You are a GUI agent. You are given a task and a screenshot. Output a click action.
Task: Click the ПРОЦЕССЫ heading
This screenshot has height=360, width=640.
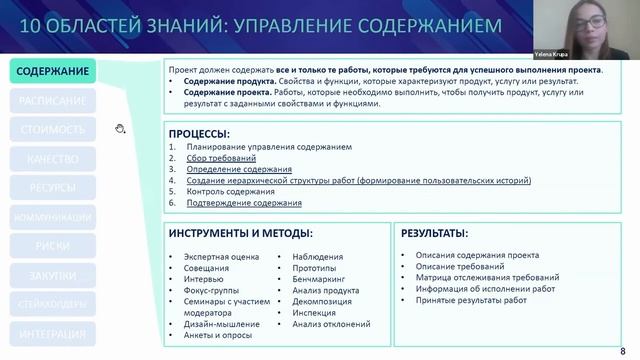point(200,133)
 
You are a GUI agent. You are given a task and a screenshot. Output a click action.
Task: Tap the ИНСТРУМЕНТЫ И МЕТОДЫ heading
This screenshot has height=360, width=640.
point(233,232)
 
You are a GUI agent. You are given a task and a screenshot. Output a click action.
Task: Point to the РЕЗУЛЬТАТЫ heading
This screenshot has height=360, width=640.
point(434,232)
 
